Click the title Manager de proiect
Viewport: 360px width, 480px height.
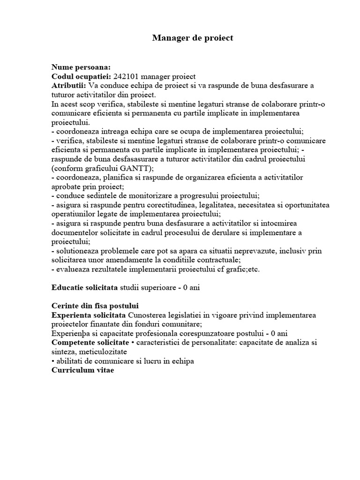tap(193, 38)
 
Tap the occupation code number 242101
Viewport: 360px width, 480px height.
tap(127, 76)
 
